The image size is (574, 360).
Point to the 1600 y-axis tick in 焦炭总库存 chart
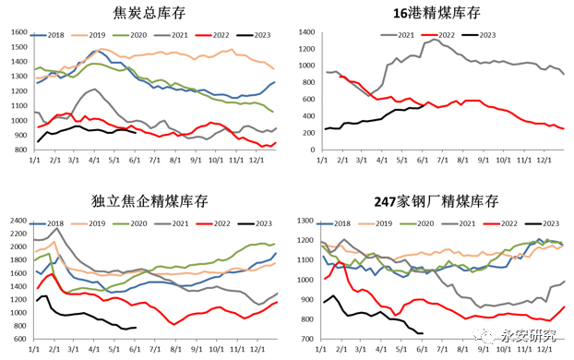(x=18, y=32)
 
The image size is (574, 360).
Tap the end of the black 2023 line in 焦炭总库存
(x=137, y=133)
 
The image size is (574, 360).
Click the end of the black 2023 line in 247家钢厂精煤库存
(x=423, y=333)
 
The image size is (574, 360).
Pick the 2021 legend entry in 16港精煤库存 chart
(x=399, y=34)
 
